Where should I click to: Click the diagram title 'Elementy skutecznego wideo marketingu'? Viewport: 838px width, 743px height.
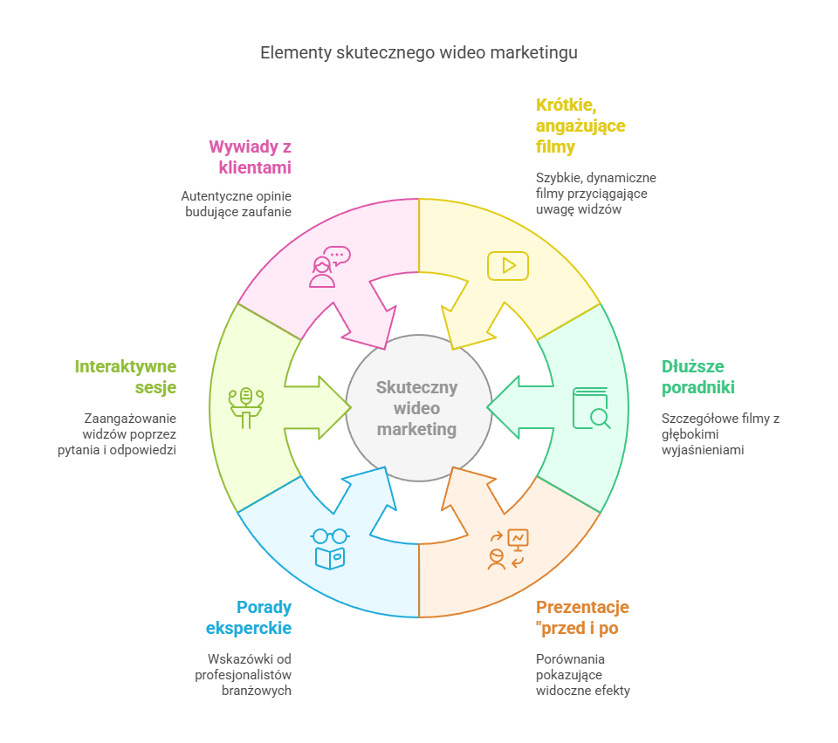pyautogui.click(x=418, y=53)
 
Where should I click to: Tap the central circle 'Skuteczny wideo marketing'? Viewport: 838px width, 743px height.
pyautogui.click(x=417, y=408)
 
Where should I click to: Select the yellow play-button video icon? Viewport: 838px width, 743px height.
pyautogui.click(x=507, y=266)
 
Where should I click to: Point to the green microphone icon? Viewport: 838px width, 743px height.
pyautogui.click(x=246, y=406)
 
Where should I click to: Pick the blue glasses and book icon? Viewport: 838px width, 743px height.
pyautogui.click(x=330, y=549)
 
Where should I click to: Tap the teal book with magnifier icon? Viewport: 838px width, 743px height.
pyautogui.click(x=591, y=407)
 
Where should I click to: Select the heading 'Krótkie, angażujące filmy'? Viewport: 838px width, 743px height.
pyautogui.click(x=580, y=126)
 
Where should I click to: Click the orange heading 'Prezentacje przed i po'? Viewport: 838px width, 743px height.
pyautogui.click(x=582, y=617)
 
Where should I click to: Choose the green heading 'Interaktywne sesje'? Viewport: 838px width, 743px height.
pyautogui.click(x=126, y=377)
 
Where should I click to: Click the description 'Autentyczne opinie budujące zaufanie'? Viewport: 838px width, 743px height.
pyautogui.click(x=237, y=203)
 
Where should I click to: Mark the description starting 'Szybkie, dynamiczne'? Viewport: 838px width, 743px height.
pyautogui.click(x=596, y=194)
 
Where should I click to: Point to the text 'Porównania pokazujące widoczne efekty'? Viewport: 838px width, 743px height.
pyautogui.click(x=582, y=674)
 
